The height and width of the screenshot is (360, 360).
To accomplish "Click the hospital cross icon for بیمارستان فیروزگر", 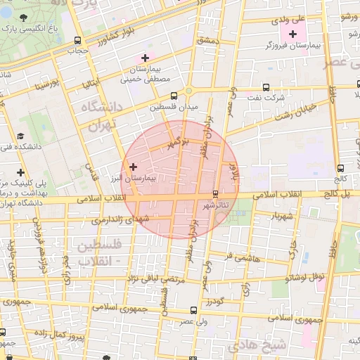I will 293,34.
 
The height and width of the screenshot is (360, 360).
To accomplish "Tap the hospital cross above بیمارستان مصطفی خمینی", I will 145,58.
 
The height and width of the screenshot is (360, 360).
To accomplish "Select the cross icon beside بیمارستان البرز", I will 134,167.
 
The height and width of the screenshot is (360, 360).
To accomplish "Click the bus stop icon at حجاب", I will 76,40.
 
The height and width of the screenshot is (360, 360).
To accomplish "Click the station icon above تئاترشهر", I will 215,194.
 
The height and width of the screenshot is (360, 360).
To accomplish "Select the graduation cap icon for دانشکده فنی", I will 21,135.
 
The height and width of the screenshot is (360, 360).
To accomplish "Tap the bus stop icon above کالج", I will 341,168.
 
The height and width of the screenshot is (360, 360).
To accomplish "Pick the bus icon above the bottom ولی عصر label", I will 193,309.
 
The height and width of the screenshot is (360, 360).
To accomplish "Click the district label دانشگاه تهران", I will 102,117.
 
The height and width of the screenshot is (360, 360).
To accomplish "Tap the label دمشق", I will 208,41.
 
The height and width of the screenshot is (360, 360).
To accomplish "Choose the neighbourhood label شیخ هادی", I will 258,345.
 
